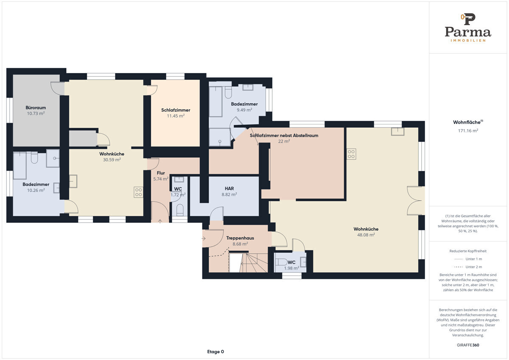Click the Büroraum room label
point(36,107)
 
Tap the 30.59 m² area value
point(112,160)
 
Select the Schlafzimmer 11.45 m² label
point(176,113)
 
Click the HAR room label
point(229,188)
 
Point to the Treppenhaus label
point(240,238)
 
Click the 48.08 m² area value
point(366,235)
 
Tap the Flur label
point(161,173)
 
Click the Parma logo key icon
point(468,19)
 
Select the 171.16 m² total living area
point(468,131)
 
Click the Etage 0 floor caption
point(215,352)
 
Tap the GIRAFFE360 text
point(468,345)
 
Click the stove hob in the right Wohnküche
point(351,154)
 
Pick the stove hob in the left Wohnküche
point(138,192)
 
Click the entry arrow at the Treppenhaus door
point(203,238)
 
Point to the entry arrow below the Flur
point(160,221)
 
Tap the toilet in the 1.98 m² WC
point(281,262)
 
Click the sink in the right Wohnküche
point(398,132)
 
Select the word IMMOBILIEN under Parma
point(468,40)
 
